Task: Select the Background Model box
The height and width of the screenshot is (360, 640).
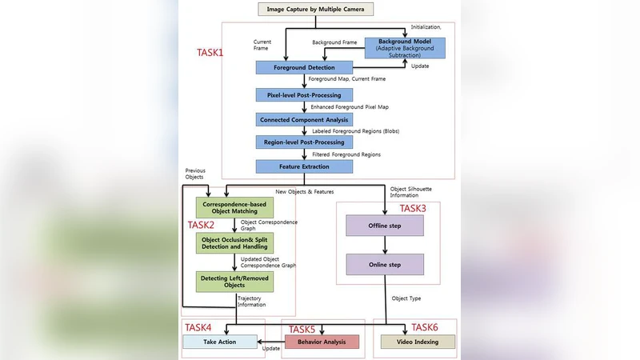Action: (404, 47)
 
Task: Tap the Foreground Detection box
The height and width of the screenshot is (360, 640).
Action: (305, 67)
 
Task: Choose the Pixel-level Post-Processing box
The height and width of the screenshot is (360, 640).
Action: (305, 94)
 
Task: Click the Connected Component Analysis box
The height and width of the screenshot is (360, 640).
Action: (305, 118)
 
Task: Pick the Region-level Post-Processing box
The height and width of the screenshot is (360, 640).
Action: (305, 142)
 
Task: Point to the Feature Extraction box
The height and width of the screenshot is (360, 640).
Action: (305, 166)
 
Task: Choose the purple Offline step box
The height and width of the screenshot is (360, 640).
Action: (384, 226)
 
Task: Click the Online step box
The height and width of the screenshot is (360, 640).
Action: (384, 264)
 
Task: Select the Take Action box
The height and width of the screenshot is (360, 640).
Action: (220, 342)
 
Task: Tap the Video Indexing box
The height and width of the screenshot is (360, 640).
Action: (417, 342)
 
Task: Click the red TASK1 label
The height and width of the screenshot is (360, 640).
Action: (210, 53)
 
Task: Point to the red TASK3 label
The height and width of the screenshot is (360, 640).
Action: (413, 209)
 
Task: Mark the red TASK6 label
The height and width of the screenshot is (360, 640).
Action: (425, 327)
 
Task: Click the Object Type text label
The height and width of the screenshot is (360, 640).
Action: (406, 299)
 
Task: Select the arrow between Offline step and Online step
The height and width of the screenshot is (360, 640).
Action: (384, 245)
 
